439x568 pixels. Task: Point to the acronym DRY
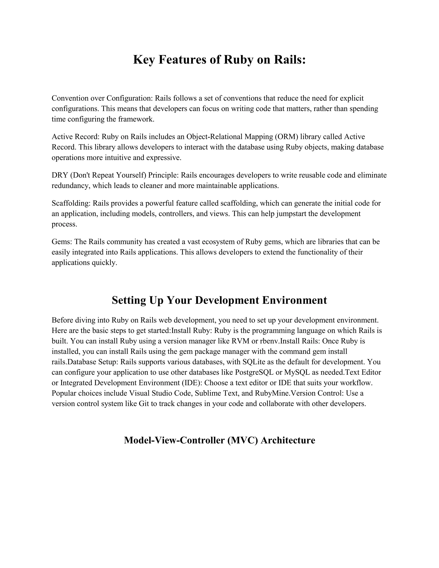coord(60,175)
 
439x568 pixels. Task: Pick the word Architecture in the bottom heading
coord(288,440)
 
